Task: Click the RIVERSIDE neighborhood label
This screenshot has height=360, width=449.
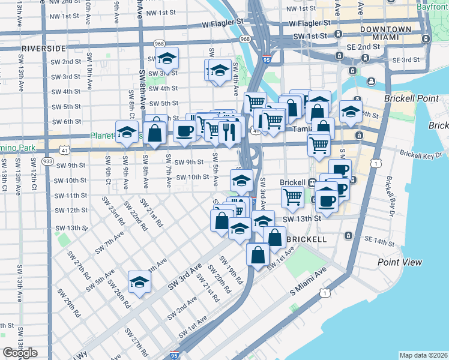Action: click(x=43, y=47)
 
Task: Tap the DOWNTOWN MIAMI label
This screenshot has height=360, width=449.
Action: click(x=385, y=33)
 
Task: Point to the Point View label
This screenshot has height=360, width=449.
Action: click(x=400, y=262)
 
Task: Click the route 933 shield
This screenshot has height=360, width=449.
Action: click(x=48, y=161)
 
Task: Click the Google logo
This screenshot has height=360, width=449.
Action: click(x=20, y=353)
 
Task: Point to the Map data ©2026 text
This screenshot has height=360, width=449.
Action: click(x=423, y=355)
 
